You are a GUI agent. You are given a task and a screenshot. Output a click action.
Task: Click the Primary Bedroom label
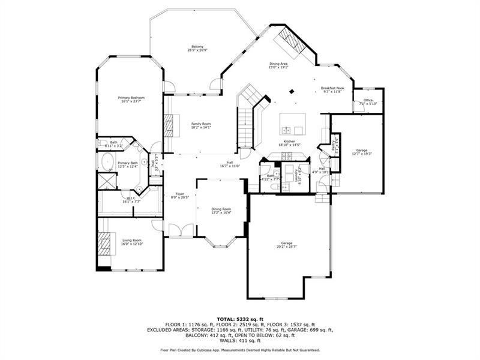131,97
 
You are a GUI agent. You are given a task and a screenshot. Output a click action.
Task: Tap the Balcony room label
197,47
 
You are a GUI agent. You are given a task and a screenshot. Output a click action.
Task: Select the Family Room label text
201,124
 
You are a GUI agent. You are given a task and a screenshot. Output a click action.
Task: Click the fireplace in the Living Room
104,243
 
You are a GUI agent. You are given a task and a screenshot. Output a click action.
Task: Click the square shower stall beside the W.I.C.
108,181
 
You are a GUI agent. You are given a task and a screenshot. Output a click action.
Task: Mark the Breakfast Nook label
332,88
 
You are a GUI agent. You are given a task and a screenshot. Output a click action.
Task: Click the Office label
368,100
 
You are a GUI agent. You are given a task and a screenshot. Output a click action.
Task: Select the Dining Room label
221,208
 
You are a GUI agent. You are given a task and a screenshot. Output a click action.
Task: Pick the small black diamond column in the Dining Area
292,92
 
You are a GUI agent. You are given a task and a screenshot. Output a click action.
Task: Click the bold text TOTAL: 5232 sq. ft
240,319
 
